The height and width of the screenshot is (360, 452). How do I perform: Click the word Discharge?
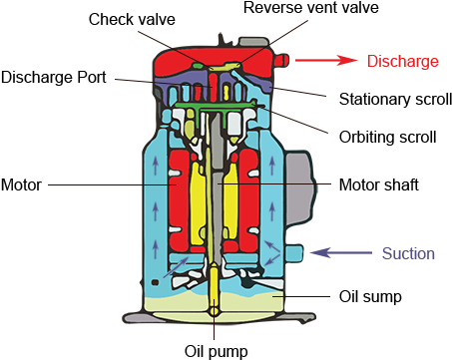tap(402, 62)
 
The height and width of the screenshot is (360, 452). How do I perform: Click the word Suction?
tap(408, 253)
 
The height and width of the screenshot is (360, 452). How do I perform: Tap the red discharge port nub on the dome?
tap(281, 61)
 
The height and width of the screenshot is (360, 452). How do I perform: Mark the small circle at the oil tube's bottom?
tap(216, 310)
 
